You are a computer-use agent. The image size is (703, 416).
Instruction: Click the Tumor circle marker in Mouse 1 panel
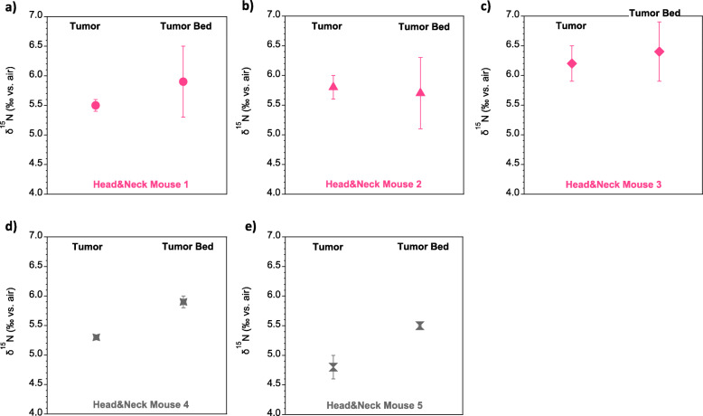(95, 105)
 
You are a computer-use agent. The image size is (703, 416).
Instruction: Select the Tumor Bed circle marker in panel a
(183, 81)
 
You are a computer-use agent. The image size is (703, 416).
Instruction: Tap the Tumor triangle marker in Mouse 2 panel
(333, 87)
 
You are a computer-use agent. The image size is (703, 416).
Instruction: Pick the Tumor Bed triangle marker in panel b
(420, 92)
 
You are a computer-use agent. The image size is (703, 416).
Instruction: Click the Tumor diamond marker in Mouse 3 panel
(572, 63)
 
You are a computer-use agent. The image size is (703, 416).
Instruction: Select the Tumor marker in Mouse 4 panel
(96, 336)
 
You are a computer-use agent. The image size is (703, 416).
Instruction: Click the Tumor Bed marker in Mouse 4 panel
(183, 301)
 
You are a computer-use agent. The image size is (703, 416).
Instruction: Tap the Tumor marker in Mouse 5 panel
(333, 366)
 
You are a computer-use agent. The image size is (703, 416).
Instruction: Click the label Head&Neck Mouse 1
(140, 184)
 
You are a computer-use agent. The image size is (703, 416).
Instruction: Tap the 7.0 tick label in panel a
(40, 16)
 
